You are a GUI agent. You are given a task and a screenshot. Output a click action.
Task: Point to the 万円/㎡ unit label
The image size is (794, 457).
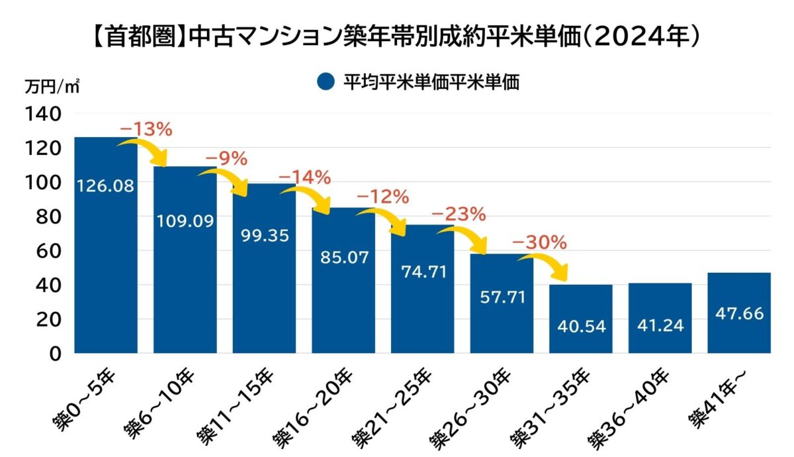pyautogui.click(x=53, y=87)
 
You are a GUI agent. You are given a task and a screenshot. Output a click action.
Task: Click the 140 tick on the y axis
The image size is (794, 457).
pyautogui.click(x=44, y=114)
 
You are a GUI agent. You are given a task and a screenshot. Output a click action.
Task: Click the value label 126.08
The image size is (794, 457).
pyautogui.click(x=106, y=186)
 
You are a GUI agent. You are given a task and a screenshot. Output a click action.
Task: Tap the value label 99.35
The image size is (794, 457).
pyautogui.click(x=264, y=235)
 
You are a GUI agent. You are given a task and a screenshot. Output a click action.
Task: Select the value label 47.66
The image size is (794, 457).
pyautogui.click(x=739, y=313)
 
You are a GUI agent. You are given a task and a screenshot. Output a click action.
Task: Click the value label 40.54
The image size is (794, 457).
pyautogui.click(x=581, y=326)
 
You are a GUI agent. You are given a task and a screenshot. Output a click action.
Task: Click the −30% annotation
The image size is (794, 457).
pyautogui.click(x=539, y=242)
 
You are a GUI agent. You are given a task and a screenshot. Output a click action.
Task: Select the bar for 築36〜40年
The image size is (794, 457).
pyautogui.click(x=660, y=318)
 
